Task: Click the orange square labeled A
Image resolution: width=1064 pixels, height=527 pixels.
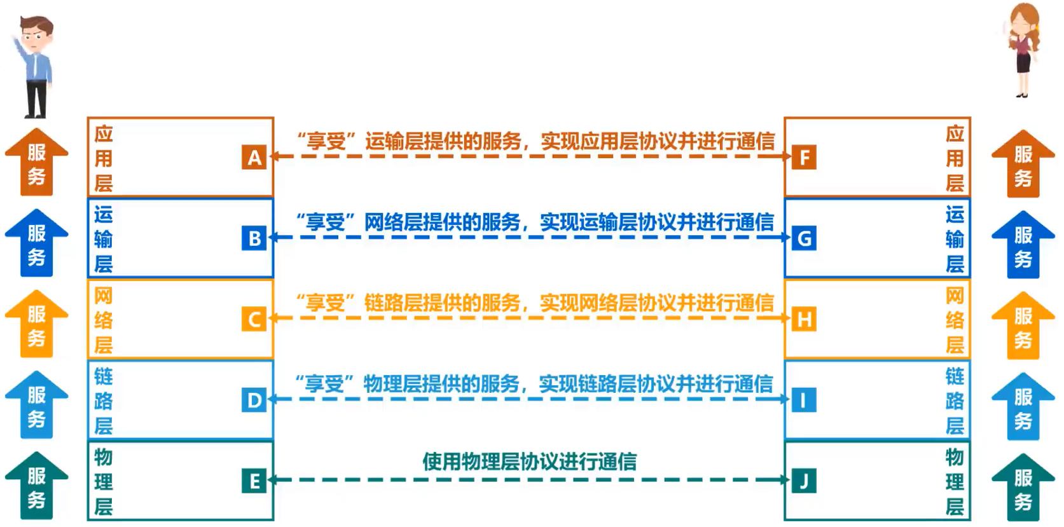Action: (x=254, y=157)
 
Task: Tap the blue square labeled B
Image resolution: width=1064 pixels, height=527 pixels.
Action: (x=254, y=238)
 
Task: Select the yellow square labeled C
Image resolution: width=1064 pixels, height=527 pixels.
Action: (x=254, y=319)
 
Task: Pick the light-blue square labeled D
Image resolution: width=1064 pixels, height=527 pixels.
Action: (x=254, y=400)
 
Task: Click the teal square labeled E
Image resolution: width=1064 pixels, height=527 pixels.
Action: (x=254, y=481)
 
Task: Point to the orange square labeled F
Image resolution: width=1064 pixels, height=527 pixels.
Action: (x=804, y=157)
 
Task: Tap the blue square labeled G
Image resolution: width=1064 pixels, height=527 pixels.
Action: (x=804, y=238)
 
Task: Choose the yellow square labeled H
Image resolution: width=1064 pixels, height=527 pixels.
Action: (x=804, y=319)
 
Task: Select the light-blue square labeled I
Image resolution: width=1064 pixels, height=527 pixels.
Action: (x=804, y=400)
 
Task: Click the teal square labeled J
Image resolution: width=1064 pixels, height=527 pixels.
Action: (x=804, y=481)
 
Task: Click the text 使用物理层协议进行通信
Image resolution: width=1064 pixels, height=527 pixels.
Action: (x=529, y=462)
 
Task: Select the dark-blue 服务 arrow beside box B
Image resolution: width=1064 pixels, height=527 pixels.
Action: (x=36, y=243)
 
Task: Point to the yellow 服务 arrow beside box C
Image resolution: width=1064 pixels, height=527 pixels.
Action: (x=36, y=324)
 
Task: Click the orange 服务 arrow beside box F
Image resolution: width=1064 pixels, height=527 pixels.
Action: (x=1023, y=164)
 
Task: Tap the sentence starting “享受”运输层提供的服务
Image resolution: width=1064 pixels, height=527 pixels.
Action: (x=535, y=141)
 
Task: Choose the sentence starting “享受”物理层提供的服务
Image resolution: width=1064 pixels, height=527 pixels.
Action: (x=534, y=384)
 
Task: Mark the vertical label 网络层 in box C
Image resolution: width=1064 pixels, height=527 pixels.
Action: (x=103, y=320)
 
